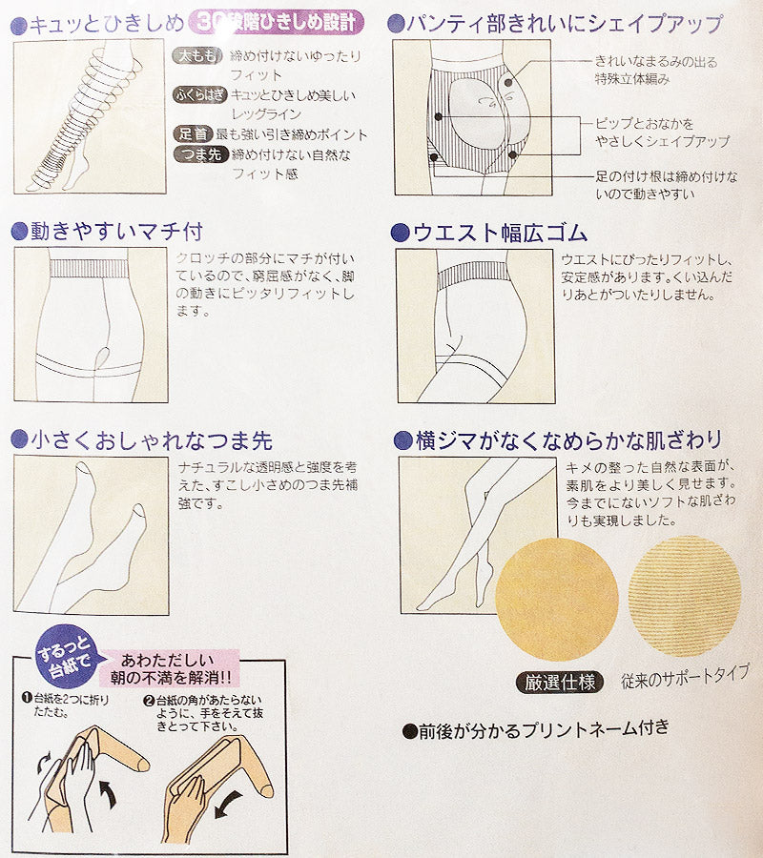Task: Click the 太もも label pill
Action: coord(197,55)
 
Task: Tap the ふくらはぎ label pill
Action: coord(200,94)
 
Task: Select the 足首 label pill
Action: coord(194,134)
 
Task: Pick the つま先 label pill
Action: coord(201,154)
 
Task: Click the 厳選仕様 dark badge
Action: coord(560,682)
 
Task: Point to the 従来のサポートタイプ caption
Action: coord(685,677)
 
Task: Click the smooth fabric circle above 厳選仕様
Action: coord(557,600)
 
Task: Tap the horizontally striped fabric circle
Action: coord(684,596)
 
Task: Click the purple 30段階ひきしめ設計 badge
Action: coord(276,23)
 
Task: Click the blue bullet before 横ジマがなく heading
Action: coord(402,440)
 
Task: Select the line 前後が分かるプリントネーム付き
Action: coord(536,729)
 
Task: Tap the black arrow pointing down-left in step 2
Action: coord(228,805)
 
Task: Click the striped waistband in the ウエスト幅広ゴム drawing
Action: coord(474,275)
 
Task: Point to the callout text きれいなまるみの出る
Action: coord(656,62)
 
